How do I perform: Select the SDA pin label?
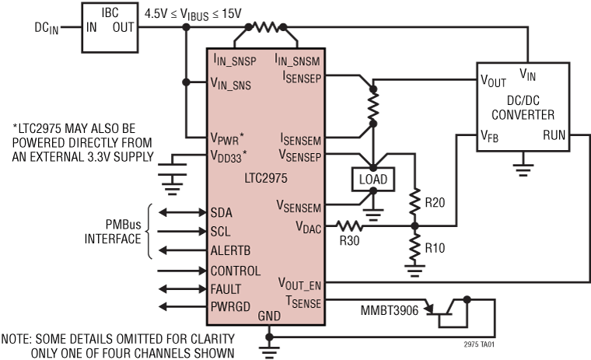click(221, 212)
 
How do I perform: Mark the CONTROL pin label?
click(236, 271)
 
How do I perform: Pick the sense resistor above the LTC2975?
click(267, 27)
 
